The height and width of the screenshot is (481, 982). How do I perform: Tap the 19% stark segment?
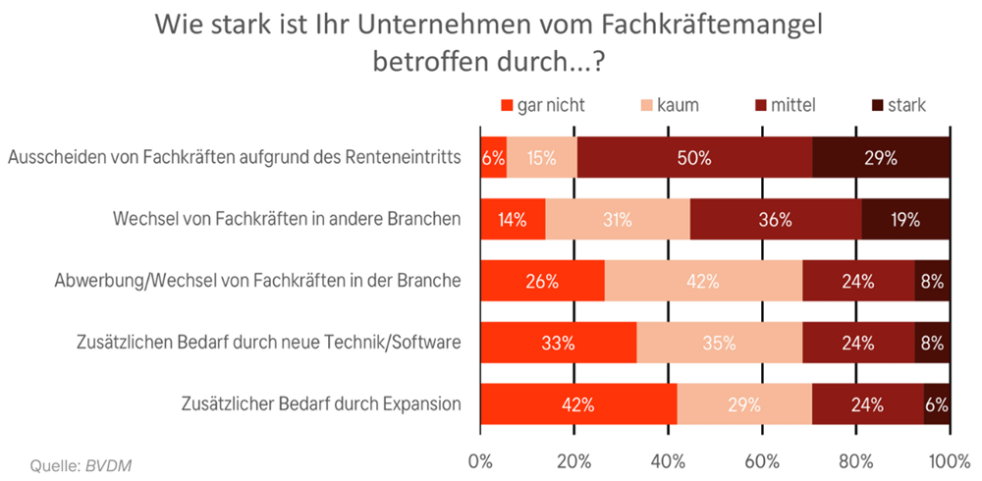click(x=906, y=220)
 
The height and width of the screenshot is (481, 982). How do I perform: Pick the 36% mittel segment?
click(x=776, y=220)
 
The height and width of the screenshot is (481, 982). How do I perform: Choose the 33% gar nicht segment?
click(x=558, y=343)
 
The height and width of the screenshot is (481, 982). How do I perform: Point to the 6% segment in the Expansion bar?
click(x=937, y=403)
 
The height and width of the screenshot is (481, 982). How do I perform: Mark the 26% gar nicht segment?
click(x=542, y=281)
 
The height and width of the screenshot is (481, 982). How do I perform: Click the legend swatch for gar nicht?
click(x=508, y=105)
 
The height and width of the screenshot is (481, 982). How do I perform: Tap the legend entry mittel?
click(x=794, y=105)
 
